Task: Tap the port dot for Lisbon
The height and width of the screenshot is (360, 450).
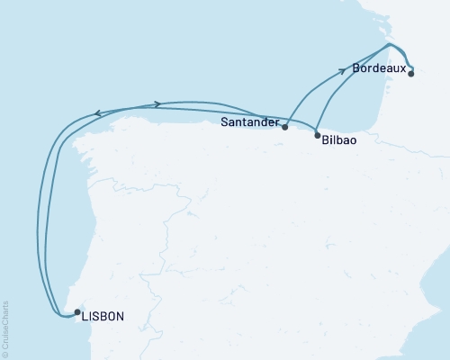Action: pos(77,311)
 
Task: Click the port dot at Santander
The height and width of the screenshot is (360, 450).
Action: pos(284,127)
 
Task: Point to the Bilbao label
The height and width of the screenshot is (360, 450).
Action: pos(341,140)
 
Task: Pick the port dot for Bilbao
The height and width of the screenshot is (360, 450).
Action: pos(317,135)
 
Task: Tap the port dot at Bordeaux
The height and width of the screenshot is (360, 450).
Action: pos(411,75)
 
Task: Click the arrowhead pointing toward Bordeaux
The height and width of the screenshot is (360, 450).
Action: pos(343,70)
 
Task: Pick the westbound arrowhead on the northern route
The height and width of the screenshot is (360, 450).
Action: pos(97,112)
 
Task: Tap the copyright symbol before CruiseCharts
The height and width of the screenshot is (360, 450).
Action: pos(5,354)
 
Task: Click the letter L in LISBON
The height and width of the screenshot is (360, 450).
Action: pos(84,316)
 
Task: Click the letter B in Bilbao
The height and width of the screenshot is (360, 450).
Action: pos(325,140)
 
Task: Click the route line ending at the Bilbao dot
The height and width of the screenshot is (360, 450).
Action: pos(313,127)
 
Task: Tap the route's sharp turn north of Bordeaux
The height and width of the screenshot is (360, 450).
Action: pos(388,44)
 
